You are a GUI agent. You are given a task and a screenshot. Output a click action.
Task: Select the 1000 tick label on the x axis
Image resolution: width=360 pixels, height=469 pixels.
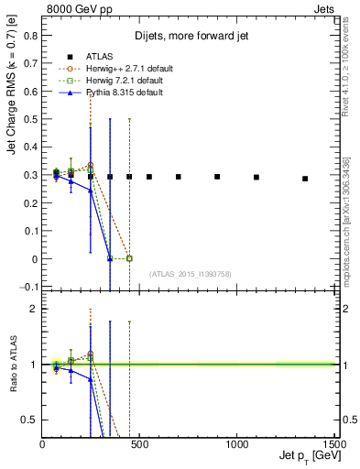[237, 442]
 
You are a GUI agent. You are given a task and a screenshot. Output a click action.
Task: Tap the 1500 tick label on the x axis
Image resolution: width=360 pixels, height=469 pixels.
[333, 442]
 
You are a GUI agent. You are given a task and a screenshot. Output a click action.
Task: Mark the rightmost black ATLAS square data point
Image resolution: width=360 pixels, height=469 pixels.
[305, 179]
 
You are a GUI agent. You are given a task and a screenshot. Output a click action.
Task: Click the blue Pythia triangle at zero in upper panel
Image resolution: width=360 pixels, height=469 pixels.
[110, 258]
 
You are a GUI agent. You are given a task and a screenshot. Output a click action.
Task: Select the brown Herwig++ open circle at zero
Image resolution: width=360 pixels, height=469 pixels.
[129, 258]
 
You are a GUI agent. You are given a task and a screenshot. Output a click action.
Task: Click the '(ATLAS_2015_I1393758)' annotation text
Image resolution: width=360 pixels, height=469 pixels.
[191, 272]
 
